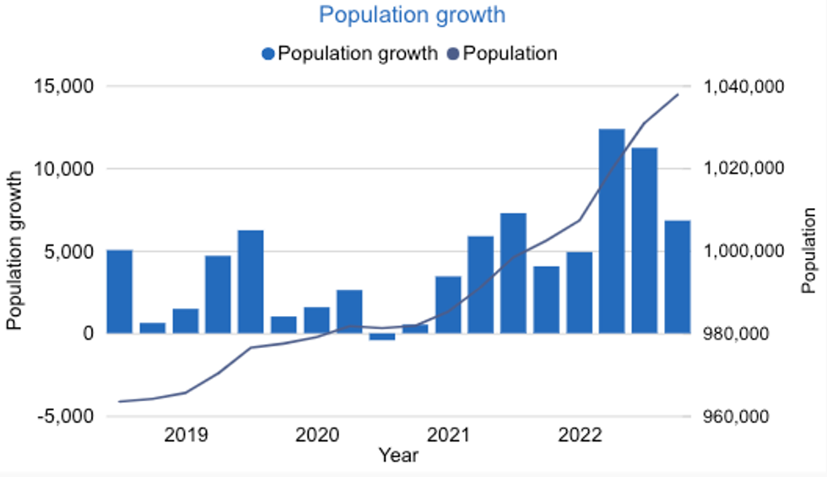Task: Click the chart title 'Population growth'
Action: tap(412, 15)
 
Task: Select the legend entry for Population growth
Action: tap(349, 53)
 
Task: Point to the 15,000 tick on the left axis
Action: tap(66, 87)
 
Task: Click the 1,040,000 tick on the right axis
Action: tap(743, 87)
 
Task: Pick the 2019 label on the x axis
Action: tap(186, 436)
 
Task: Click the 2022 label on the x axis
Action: tap(580, 436)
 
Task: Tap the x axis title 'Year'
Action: tap(398, 456)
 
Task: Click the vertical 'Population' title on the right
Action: tap(809, 250)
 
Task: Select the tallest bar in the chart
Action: tap(612, 231)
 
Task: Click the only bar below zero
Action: tap(382, 337)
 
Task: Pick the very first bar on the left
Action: tap(119, 292)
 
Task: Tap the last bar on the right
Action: tap(678, 276)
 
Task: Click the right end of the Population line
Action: tap(678, 94)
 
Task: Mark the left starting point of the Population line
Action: tap(120, 401)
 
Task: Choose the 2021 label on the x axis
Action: tap(448, 436)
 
